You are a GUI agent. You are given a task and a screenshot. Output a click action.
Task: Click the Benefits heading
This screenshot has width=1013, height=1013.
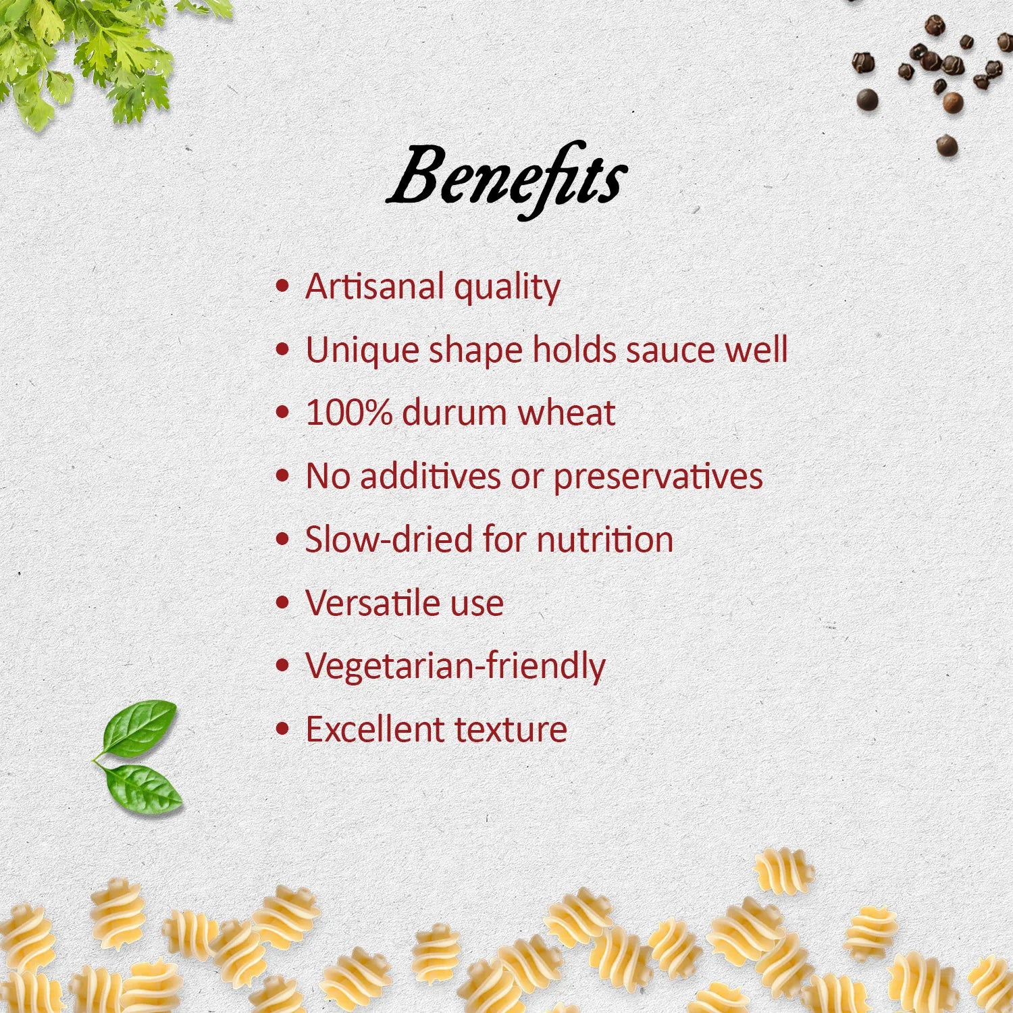click(506, 179)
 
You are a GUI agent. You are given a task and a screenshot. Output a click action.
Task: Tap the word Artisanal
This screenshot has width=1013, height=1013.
click(375, 286)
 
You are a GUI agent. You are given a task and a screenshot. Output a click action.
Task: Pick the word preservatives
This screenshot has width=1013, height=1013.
click(658, 477)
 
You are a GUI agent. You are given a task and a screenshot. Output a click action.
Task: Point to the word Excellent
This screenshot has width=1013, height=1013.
click(375, 729)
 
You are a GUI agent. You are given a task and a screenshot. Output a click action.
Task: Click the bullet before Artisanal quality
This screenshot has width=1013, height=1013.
click(283, 286)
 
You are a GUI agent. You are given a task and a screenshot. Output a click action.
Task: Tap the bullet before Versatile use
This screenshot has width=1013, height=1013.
click(283, 602)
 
